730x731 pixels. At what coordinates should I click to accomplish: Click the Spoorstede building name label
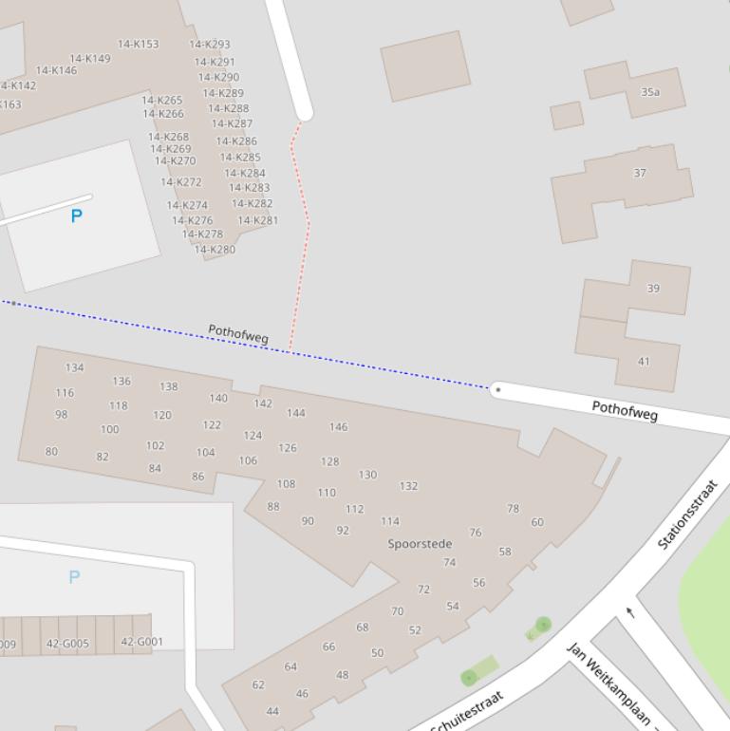click(420, 544)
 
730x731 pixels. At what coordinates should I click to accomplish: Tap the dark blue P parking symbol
click(77, 216)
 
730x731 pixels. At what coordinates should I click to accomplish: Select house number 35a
click(650, 92)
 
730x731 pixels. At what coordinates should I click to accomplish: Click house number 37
click(640, 173)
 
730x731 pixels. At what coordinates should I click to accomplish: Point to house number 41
click(644, 361)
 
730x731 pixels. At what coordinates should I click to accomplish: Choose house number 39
click(653, 288)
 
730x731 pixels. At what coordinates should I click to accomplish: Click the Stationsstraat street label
click(687, 515)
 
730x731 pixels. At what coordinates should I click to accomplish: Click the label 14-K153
click(139, 44)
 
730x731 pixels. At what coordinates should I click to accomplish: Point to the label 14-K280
click(215, 250)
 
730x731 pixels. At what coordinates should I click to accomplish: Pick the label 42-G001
click(142, 642)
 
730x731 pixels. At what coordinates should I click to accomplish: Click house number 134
click(75, 367)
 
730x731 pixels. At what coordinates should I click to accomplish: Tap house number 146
click(338, 427)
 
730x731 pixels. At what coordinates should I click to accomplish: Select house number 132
click(408, 486)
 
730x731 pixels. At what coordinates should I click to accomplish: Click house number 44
click(272, 711)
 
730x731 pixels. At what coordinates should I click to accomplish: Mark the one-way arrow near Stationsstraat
click(630, 612)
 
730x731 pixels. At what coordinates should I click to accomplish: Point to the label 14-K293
click(210, 44)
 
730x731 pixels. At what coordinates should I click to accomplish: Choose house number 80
click(51, 452)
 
